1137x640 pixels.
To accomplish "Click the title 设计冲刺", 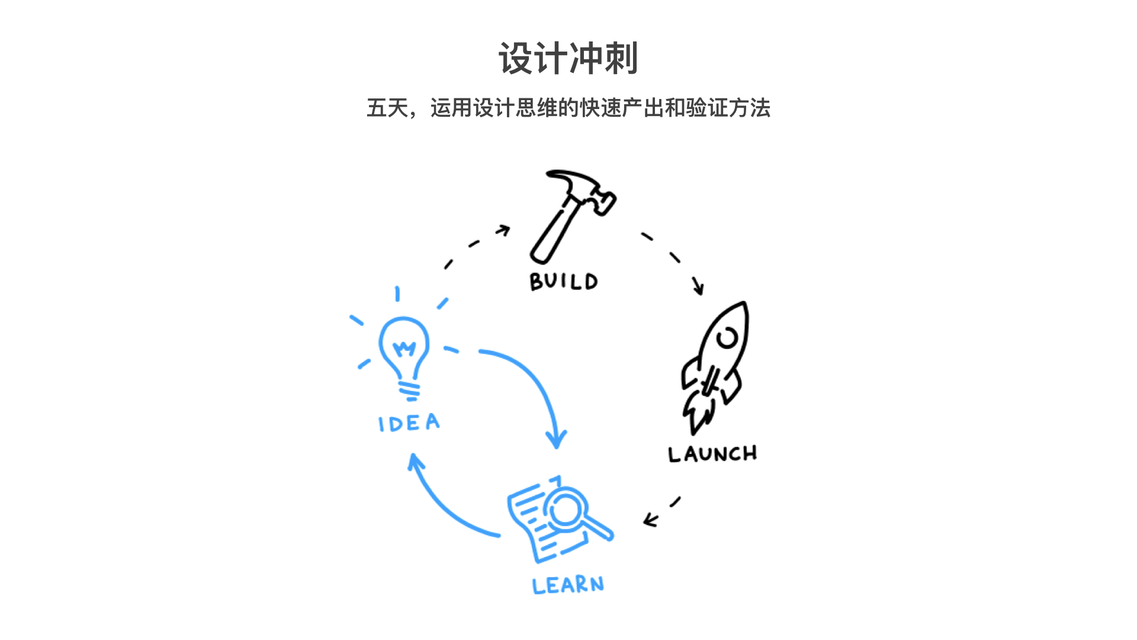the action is tap(568, 59).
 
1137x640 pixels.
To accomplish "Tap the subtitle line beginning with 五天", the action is tap(568, 108).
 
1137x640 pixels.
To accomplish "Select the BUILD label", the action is tap(564, 281).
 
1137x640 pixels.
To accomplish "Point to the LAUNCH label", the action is tap(712, 454).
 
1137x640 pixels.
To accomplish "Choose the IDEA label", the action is tap(409, 423).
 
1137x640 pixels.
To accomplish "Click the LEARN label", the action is tap(568, 585).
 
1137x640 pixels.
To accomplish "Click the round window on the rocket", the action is tap(727, 338).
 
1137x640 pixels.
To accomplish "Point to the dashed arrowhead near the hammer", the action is tap(505, 229).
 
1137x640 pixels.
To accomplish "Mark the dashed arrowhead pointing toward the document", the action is tap(650, 520).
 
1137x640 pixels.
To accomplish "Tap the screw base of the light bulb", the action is tap(409, 391).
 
